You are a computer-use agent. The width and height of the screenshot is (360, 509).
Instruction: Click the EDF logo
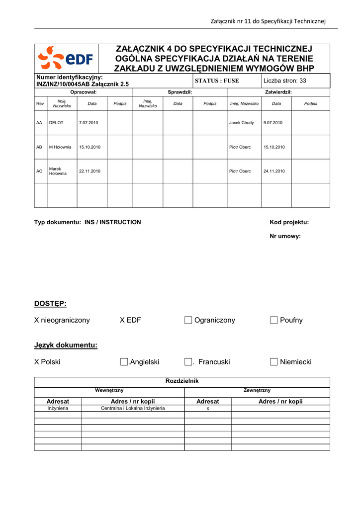click(66, 59)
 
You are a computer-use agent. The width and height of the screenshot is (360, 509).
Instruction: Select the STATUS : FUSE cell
click(217, 81)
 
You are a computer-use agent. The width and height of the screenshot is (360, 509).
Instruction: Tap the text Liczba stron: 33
click(285, 81)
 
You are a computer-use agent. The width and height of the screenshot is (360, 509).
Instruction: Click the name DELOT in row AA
click(56, 123)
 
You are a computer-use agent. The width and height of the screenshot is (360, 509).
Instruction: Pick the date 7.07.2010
click(89, 123)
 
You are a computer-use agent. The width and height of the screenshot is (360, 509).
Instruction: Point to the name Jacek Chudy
click(242, 123)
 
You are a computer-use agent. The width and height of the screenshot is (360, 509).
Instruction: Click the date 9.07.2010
click(273, 123)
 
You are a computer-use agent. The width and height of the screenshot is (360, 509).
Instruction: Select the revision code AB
click(39, 147)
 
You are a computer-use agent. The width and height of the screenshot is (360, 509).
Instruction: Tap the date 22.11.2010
click(90, 171)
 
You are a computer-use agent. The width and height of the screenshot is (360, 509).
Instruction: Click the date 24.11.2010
click(274, 171)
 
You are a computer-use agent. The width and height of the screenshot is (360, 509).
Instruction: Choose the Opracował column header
click(83, 92)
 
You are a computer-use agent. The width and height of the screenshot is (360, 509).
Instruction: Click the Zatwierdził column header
click(278, 92)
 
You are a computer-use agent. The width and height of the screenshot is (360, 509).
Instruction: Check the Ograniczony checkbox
click(188, 320)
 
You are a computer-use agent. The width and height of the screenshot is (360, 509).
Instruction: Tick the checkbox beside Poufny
click(274, 320)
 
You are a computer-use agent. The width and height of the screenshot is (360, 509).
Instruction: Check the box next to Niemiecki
click(274, 362)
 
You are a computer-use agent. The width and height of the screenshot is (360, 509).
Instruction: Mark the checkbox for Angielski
click(124, 362)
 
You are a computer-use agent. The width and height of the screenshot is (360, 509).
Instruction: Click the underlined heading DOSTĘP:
click(50, 304)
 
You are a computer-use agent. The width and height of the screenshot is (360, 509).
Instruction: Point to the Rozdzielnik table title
click(181, 381)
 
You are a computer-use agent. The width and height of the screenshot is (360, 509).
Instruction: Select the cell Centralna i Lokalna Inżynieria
click(133, 408)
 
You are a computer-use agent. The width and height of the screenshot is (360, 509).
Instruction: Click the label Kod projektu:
click(289, 222)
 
